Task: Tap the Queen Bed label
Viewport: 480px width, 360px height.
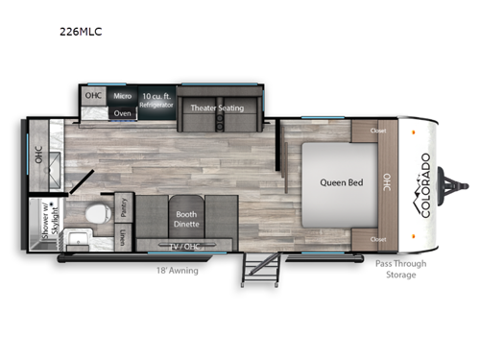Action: tap(326, 180)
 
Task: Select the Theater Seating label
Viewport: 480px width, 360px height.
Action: tap(218, 108)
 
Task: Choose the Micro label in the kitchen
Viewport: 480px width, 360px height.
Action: tap(122, 96)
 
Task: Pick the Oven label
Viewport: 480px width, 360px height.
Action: tap(122, 112)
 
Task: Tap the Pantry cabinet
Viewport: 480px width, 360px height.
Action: tap(123, 206)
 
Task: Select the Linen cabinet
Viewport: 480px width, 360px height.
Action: tap(123, 234)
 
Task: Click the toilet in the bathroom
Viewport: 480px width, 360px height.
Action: tap(92, 213)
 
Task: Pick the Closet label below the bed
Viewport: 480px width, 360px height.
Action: tap(377, 238)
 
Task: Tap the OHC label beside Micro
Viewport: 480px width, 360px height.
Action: tap(93, 96)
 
